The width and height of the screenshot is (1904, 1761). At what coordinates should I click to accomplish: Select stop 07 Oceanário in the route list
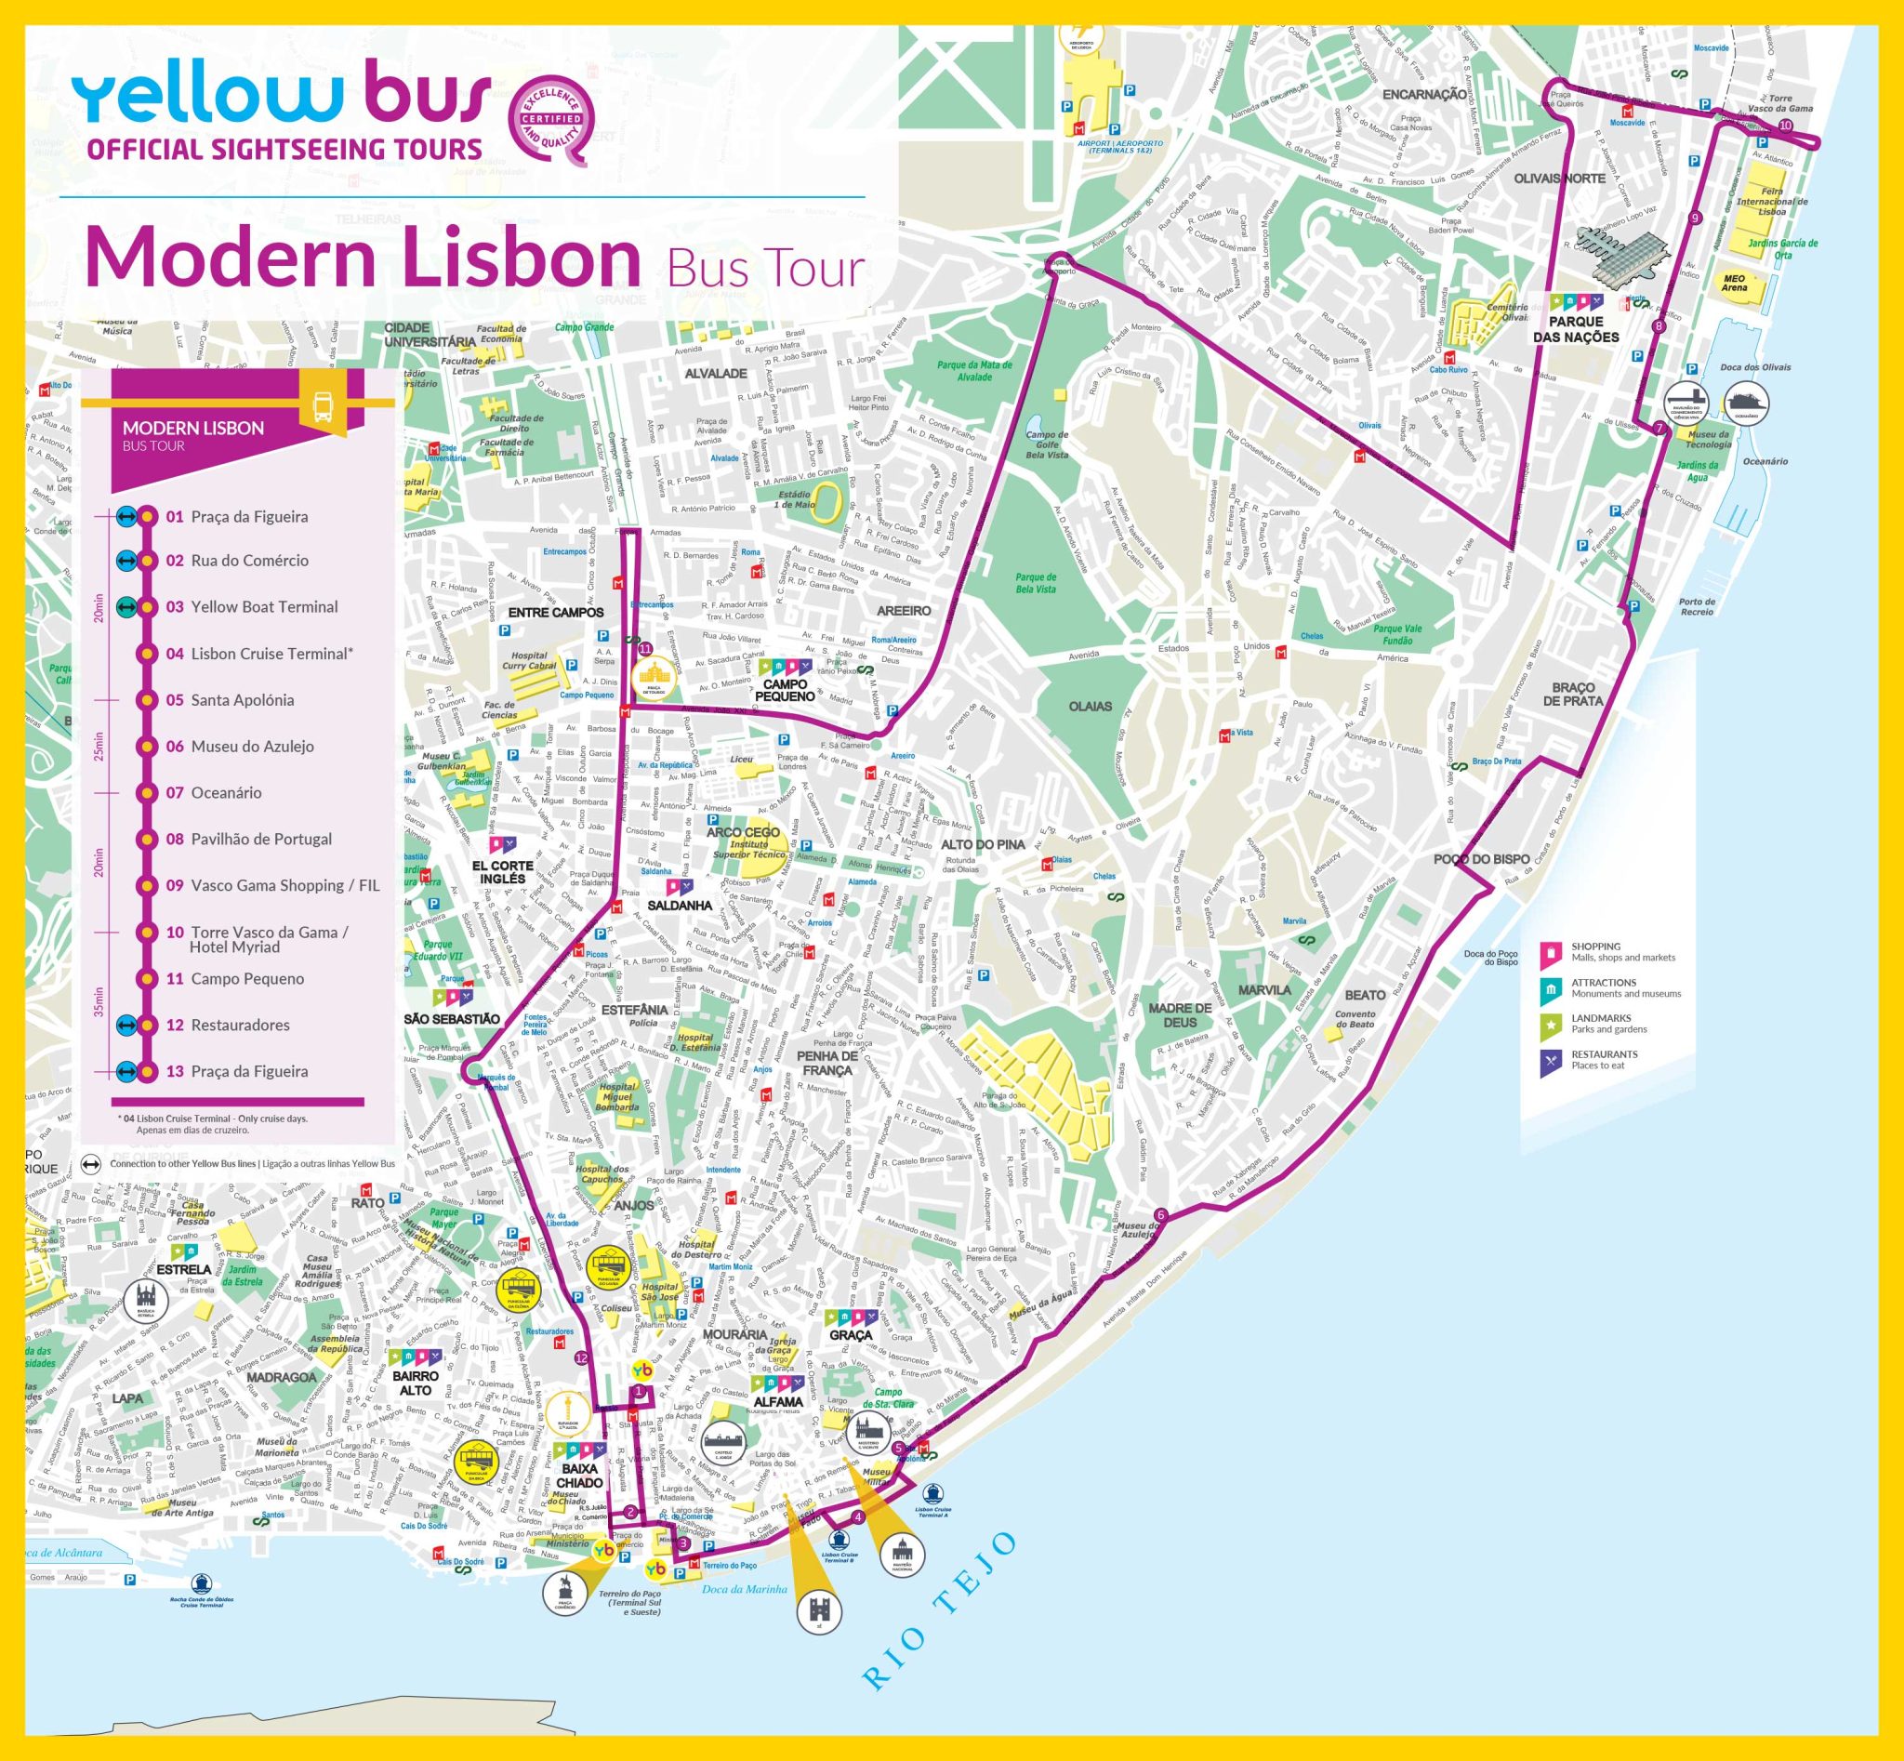tap(226, 793)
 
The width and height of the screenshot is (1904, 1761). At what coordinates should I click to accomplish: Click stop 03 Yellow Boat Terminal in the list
tap(264, 607)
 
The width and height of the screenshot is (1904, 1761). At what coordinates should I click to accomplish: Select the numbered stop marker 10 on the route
tap(1784, 126)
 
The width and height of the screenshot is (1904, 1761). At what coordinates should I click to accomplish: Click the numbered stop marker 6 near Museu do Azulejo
tap(1159, 1214)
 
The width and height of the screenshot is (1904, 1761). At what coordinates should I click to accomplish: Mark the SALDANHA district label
tap(680, 906)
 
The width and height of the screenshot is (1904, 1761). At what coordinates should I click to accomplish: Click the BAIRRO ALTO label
tap(416, 1383)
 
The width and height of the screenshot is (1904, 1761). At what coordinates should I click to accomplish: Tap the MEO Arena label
tap(1735, 284)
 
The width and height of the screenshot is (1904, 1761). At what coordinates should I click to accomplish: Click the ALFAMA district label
tap(776, 1402)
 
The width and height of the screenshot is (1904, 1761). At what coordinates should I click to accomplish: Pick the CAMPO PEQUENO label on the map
tap(787, 690)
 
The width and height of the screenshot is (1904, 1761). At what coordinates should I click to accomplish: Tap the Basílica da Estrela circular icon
tap(146, 1300)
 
